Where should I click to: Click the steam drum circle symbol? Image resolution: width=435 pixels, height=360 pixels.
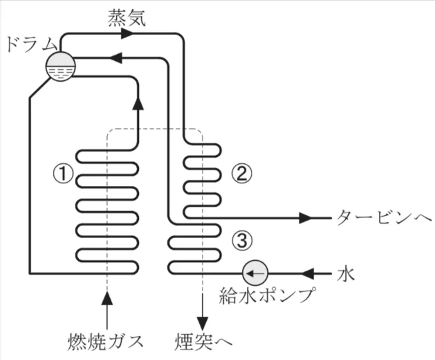click(61, 65)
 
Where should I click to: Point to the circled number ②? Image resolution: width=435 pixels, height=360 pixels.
click(241, 171)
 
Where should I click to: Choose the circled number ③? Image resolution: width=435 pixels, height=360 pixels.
click(241, 238)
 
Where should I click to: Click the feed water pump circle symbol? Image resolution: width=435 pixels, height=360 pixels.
click(255, 273)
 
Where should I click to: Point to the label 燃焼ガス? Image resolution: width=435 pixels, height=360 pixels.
click(106, 342)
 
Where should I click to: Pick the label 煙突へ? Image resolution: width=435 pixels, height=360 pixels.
click(203, 342)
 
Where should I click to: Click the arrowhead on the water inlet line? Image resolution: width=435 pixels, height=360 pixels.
click(309, 273)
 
